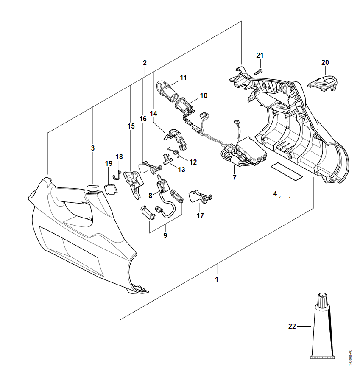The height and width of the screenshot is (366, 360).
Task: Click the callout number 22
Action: [x=292, y=326]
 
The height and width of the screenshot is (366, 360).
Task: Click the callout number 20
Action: [x=325, y=62]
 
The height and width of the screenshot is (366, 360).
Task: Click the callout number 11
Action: [x=183, y=78]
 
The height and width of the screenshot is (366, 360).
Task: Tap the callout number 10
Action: [x=204, y=95]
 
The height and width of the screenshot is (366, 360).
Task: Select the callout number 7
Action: [x=234, y=178]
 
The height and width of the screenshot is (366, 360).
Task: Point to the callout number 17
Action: [x=200, y=215]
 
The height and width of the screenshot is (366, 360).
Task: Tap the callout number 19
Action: [x=109, y=163]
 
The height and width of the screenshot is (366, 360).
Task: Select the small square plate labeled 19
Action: [x=111, y=188]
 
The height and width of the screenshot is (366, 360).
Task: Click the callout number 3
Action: [x=92, y=148]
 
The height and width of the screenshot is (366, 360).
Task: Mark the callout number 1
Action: [x=217, y=279]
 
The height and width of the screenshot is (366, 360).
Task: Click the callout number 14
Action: [x=153, y=114]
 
